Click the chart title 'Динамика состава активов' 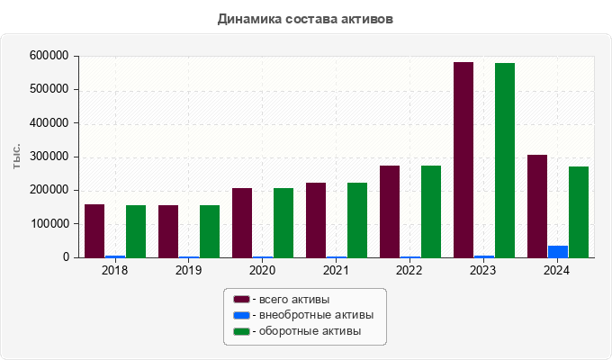point(305,18)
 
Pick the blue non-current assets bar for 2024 point(558,251)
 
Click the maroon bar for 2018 point(94,230)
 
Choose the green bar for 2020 point(283,222)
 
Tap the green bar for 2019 point(210,231)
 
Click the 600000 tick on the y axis point(49,56)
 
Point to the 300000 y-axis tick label point(49,157)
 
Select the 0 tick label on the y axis point(65,257)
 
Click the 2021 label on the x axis point(336,270)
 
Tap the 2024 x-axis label point(557,270)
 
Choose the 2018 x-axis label point(114,270)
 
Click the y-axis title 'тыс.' point(18,157)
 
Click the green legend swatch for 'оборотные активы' point(241,332)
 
